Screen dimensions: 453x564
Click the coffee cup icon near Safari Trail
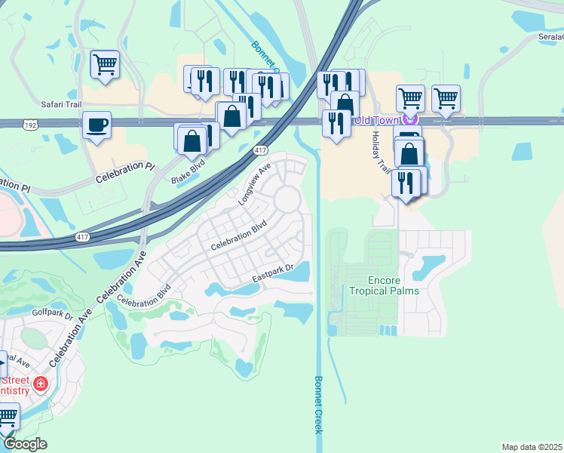coord(97,125)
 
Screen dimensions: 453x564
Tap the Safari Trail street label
coord(60,107)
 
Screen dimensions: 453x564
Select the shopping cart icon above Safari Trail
coord(105,63)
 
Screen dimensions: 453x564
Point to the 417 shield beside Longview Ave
coord(260,149)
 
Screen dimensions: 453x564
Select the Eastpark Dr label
coord(271,276)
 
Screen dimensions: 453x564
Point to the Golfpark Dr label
coord(51,310)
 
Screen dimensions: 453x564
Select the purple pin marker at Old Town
coord(410,119)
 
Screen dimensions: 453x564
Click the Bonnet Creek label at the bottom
coord(318,404)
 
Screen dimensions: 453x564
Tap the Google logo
coord(26,444)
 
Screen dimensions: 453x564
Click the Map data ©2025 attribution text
coord(532,447)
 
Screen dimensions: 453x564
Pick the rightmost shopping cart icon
coord(446,97)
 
